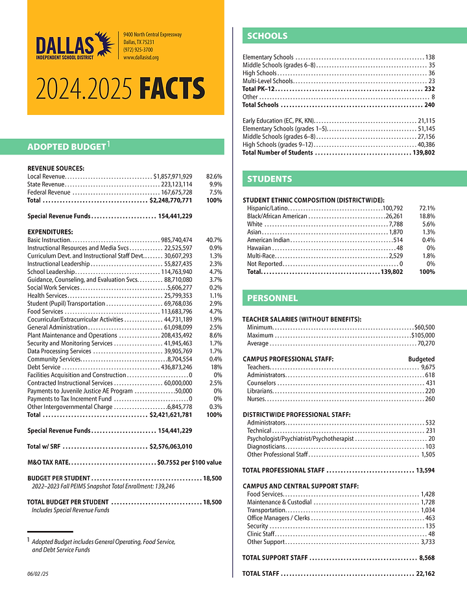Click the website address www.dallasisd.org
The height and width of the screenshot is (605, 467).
(141, 58)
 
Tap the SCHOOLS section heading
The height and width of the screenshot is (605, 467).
(267, 36)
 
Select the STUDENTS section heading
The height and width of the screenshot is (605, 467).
(270, 179)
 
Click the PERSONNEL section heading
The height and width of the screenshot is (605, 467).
(272, 298)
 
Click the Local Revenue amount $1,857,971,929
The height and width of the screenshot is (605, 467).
(173, 176)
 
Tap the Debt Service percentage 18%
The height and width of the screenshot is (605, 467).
(216, 367)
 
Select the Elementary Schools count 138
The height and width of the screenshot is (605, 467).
(429, 57)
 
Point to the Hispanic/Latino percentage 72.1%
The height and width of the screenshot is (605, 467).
(427, 208)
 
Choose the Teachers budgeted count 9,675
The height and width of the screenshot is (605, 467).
(427, 367)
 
